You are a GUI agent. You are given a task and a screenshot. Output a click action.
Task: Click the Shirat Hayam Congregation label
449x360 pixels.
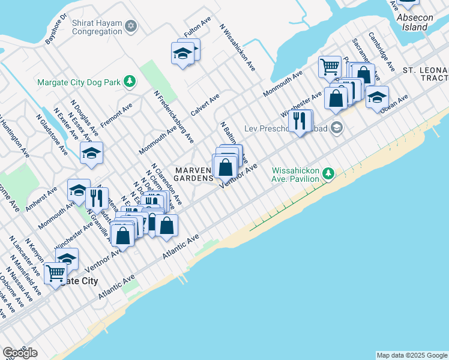[x=95, y=26]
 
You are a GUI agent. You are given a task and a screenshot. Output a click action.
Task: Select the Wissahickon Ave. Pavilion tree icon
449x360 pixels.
[x=328, y=173]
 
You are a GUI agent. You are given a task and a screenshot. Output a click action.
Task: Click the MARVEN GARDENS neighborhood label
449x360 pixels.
[x=194, y=175]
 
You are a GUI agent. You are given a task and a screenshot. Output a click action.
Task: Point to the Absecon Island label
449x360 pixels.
[x=414, y=23]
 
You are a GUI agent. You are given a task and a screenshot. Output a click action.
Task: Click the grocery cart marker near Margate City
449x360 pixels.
[x=55, y=274]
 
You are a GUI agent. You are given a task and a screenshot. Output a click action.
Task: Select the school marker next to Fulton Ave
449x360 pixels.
[x=184, y=54]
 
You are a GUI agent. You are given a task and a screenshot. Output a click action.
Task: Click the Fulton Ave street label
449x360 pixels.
[x=197, y=28]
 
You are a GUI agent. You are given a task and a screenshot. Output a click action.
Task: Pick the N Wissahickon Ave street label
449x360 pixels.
[x=238, y=47]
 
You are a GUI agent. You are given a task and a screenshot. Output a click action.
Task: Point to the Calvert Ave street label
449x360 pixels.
[x=205, y=104]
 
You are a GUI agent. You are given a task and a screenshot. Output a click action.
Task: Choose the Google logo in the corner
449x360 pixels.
[x=20, y=353]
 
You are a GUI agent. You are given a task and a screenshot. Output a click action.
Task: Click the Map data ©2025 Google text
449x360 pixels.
[x=412, y=355]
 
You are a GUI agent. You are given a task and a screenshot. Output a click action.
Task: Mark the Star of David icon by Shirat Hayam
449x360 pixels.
[x=131, y=26]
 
